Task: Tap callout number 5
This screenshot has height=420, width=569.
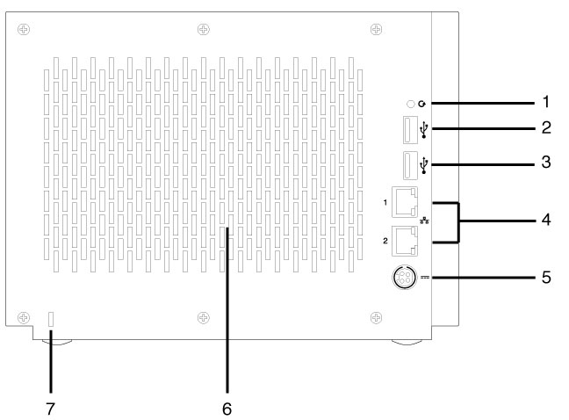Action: pyautogui.click(x=545, y=277)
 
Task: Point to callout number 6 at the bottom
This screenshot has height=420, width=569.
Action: pyautogui.click(x=227, y=409)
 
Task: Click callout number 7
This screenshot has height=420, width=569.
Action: pyautogui.click(x=50, y=409)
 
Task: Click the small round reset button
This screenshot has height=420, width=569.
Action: pyautogui.click(x=410, y=104)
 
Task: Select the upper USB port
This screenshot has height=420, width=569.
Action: pyautogui.click(x=409, y=130)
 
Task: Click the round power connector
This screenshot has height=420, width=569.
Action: pyautogui.click(x=403, y=278)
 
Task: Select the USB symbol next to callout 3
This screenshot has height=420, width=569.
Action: pyautogui.click(x=426, y=164)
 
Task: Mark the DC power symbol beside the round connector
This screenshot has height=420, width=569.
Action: pyautogui.click(x=425, y=278)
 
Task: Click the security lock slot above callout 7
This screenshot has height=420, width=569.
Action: pyautogui.click(x=50, y=318)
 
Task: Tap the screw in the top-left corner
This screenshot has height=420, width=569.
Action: pyautogui.click(x=24, y=28)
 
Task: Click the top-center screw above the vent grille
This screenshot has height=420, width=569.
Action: pyautogui.click(x=203, y=28)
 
